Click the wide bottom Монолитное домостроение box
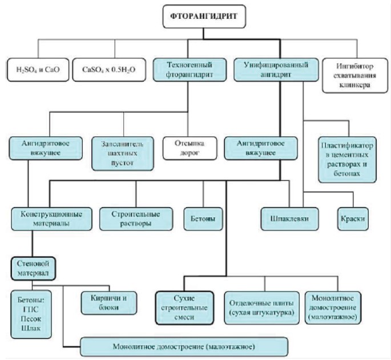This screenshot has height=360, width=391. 184,346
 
